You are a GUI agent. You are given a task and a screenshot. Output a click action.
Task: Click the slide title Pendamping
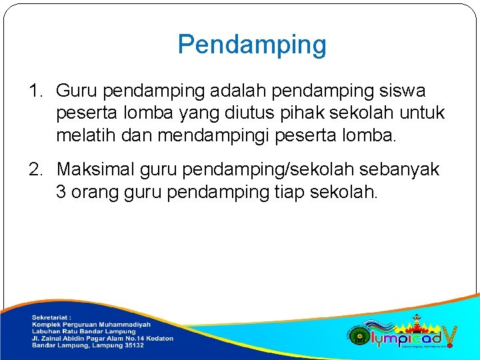[x=252, y=45]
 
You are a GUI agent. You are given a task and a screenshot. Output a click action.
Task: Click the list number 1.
[x=35, y=91]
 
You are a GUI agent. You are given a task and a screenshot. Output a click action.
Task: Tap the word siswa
[x=403, y=91]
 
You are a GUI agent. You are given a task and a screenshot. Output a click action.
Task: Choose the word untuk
[x=421, y=114]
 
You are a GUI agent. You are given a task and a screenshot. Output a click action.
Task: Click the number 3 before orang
[x=61, y=193]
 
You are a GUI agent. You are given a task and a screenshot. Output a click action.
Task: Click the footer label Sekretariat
[x=51, y=317]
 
